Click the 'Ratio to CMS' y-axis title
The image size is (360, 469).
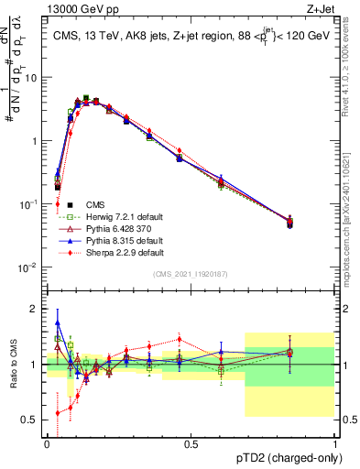click(x=15, y=365)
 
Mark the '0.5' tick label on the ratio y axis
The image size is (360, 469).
click(x=30, y=420)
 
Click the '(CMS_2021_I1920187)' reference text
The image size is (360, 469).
click(x=191, y=274)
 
